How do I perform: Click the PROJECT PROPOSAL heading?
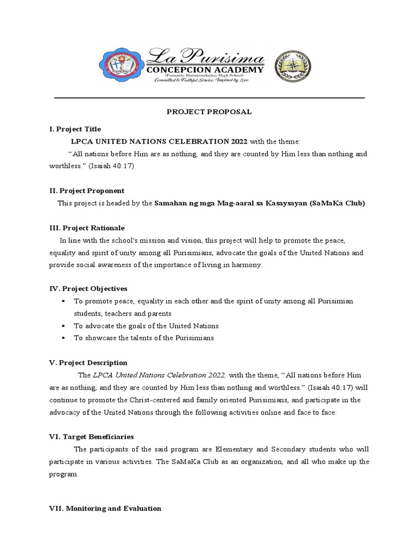point(209,112)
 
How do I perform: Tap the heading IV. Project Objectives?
point(88,289)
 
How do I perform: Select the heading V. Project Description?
point(88,362)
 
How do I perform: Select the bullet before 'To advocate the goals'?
point(64,326)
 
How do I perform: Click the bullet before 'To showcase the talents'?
point(64,338)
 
